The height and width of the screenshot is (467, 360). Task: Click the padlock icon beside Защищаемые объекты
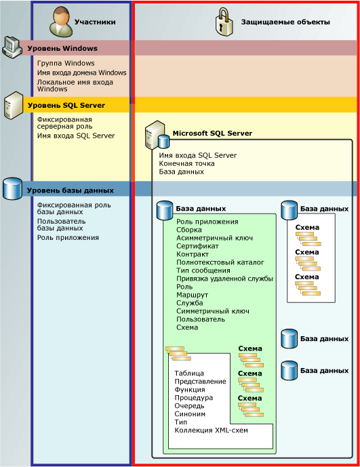pos(224,22)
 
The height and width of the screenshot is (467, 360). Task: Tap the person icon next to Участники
pos(61,22)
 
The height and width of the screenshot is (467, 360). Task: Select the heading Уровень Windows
pos(62,48)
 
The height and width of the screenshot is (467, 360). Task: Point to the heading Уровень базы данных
pos(70,190)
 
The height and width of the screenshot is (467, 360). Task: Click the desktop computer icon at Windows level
pos(12,46)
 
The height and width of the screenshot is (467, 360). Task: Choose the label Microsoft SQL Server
pos(212,134)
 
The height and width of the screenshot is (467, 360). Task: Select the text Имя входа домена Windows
pos(81,73)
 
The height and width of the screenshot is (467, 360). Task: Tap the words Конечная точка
pos(186,163)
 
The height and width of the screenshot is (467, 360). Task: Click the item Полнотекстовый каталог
pos(220,262)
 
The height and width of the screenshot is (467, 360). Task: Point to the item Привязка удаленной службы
pos(224,279)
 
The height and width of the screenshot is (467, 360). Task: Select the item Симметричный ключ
pos(209,310)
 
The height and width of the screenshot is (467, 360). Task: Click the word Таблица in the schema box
pos(189,373)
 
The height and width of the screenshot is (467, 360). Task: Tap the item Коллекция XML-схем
pos(207,430)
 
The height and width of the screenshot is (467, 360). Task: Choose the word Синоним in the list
pos(190,413)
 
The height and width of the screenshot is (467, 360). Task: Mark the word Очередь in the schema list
pos(189,405)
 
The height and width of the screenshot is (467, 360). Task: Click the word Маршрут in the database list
pos(193,295)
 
